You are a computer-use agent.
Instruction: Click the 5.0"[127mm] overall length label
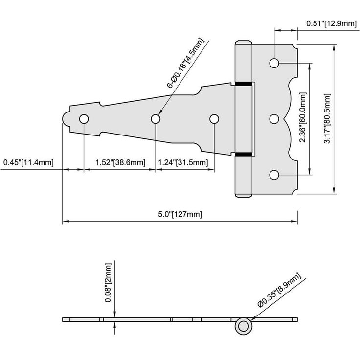(x=180, y=214)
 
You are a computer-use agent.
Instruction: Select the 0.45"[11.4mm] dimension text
(x=28, y=162)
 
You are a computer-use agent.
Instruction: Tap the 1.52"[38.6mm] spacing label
(x=120, y=162)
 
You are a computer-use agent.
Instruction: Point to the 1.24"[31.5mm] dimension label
(x=183, y=162)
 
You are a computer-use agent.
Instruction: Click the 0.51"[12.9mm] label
(x=332, y=23)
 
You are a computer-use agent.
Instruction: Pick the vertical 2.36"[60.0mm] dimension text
(x=303, y=117)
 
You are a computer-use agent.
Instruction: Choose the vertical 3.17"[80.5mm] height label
(x=327, y=118)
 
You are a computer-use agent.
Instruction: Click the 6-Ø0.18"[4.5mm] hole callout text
(x=185, y=64)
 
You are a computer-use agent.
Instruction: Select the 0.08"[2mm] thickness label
(x=108, y=283)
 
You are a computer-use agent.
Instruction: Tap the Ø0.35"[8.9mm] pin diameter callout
(x=279, y=291)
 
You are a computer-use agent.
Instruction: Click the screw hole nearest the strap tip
(x=84, y=119)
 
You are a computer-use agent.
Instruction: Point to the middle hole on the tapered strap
(x=156, y=119)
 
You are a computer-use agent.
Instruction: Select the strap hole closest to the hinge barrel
(x=214, y=119)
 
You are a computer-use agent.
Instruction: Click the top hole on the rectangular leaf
(x=274, y=63)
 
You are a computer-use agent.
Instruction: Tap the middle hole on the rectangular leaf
(x=274, y=119)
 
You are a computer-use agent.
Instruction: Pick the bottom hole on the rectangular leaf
(x=274, y=175)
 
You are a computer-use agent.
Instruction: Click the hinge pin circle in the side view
(x=244, y=326)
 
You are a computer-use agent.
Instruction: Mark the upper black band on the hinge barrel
(x=244, y=84)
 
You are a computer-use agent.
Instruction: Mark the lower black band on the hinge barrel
(x=244, y=154)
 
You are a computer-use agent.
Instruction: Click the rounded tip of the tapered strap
(x=66, y=119)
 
